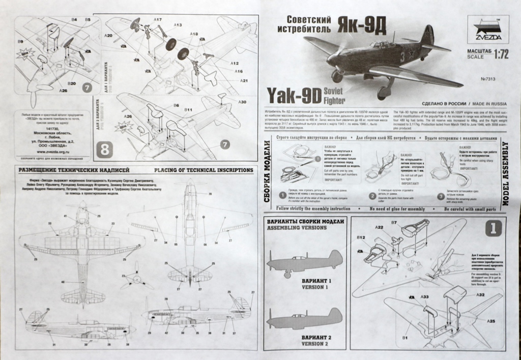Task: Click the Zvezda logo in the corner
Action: click(x=488, y=28)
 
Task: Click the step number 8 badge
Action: click(x=105, y=151)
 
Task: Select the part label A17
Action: click(x=157, y=19)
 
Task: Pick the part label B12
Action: click(x=361, y=237)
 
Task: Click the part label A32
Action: click(x=480, y=295)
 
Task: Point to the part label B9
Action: click(x=20, y=41)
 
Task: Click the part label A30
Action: click(x=243, y=102)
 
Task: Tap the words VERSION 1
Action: click(x=315, y=287)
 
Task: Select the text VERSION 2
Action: click(x=315, y=344)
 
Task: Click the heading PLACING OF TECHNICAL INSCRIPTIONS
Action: click(x=203, y=170)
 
